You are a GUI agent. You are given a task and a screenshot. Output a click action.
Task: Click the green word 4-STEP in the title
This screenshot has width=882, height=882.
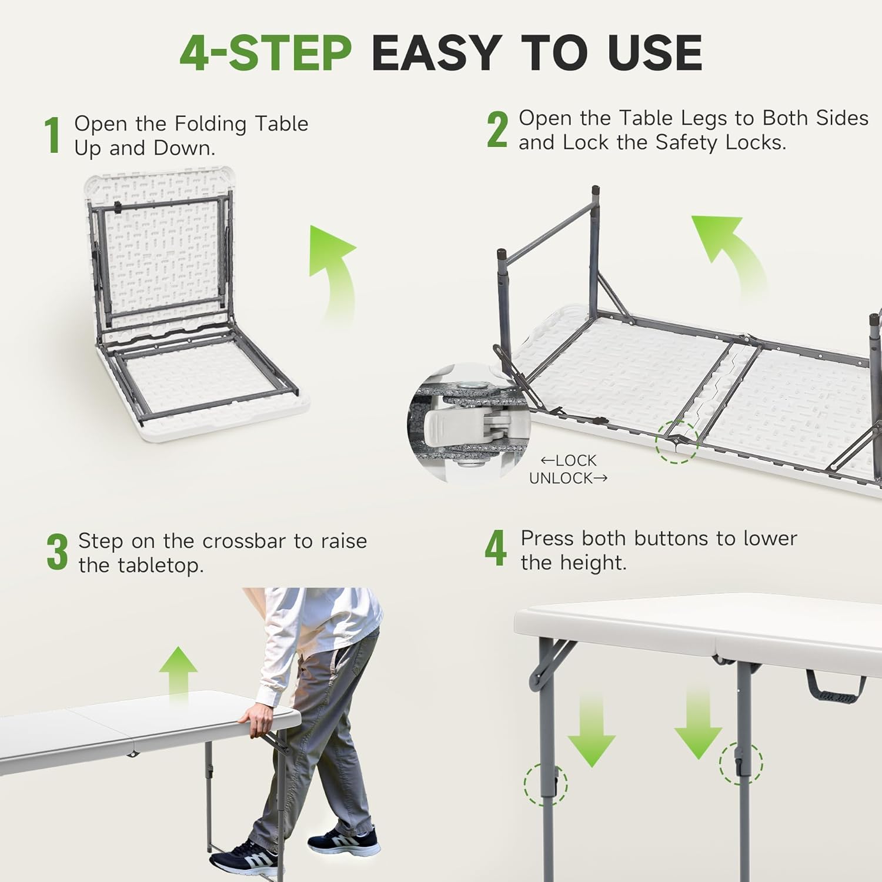coord(266,53)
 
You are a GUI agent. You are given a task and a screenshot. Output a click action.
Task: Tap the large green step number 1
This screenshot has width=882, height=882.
coord(53,135)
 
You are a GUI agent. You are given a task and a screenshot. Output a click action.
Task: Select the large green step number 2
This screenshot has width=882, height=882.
coord(497,130)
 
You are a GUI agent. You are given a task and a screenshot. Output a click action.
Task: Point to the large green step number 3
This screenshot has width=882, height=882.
coord(57,553)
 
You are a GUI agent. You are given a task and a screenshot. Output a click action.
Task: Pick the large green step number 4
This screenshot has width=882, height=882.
coord(495,547)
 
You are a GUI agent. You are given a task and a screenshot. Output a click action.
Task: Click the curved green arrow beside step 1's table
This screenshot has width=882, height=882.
coord(338,270)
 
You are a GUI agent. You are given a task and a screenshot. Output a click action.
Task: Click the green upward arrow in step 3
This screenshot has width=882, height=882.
coord(178,676)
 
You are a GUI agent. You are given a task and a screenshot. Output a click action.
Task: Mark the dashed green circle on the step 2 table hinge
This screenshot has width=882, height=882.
coord(677,442)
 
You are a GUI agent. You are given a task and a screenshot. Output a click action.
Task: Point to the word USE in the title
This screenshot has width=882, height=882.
coord(655,53)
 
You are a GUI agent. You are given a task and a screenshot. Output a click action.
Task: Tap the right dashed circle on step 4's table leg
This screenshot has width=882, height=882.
coord(741,763)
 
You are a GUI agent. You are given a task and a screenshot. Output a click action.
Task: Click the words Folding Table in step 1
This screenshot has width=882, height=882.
coord(241,123)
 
